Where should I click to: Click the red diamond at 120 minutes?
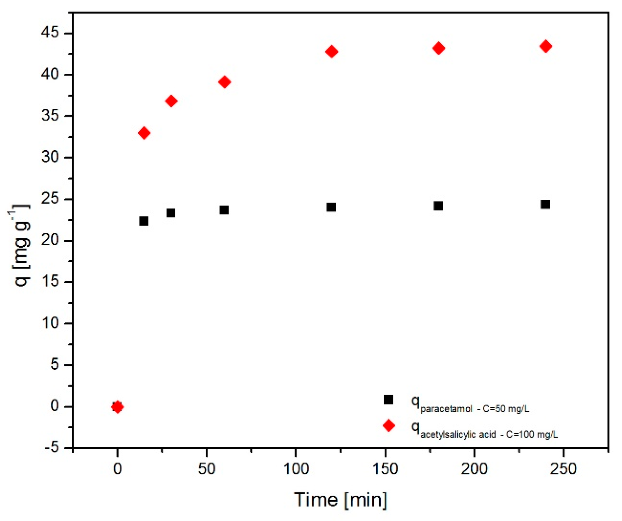coord(332,51)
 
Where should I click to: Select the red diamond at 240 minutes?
coord(546,46)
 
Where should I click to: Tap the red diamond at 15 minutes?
coord(144,133)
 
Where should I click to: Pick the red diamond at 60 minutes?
coord(224,82)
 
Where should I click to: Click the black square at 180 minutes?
coord(438,206)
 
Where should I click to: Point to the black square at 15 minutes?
coord(144,221)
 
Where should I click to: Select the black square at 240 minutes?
coord(545,204)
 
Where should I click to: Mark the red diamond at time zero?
coord(117,407)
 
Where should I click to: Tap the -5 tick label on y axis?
coord(52,448)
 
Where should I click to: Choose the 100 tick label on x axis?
coord(296,469)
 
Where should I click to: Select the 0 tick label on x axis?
coord(117,469)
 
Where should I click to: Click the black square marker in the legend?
coord(388,399)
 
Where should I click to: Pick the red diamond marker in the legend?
coord(389,425)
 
